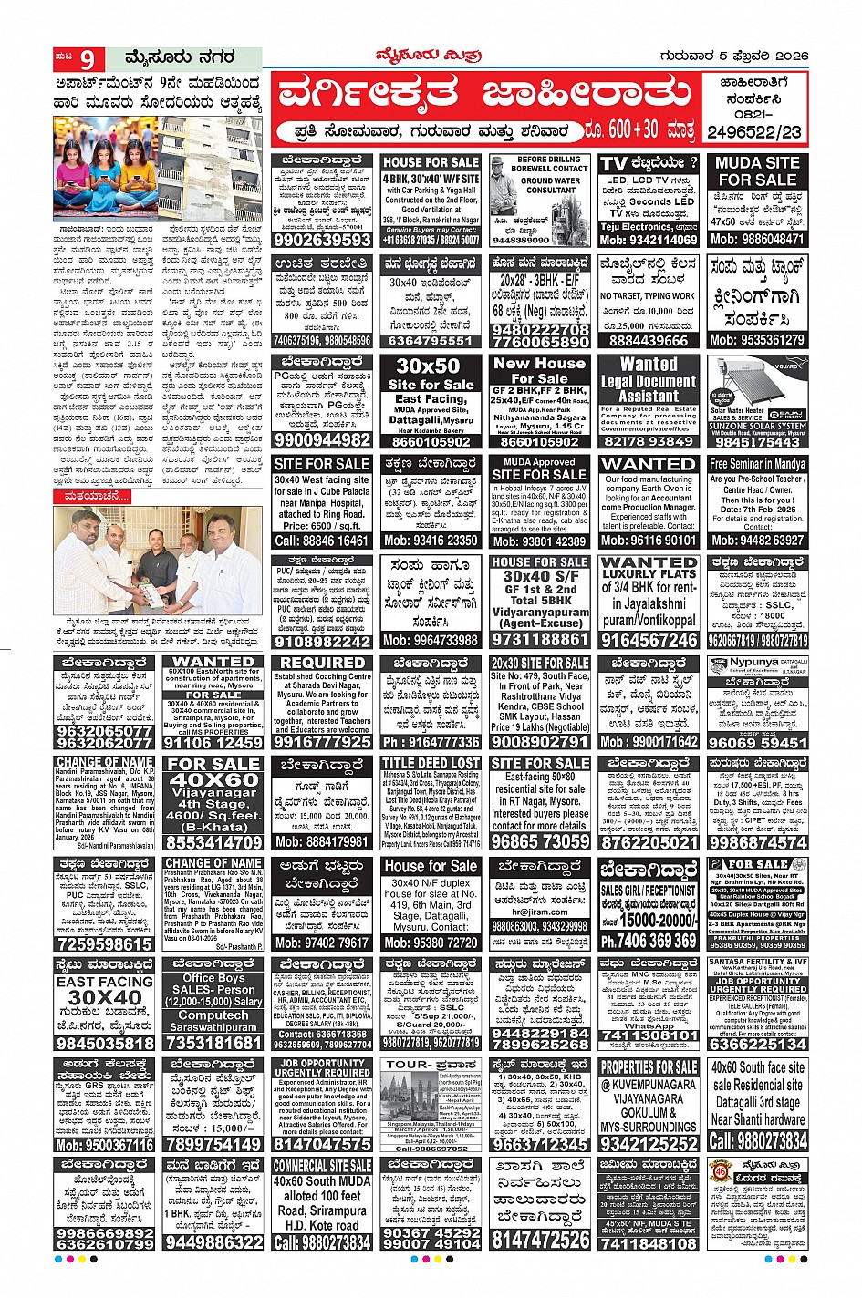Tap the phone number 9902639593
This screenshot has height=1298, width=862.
tap(321, 241)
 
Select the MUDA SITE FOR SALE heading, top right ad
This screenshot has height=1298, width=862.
tap(756, 171)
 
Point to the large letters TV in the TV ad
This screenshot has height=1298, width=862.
tap(615, 164)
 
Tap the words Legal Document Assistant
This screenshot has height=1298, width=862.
tap(648, 380)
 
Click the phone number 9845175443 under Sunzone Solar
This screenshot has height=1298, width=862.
tap(756, 441)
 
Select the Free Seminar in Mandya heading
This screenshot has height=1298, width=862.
tap(756, 464)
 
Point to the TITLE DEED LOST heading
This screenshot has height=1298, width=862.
tap(431, 764)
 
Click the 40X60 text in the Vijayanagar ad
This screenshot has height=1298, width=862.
tap(213, 780)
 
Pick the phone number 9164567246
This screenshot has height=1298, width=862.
tap(649, 640)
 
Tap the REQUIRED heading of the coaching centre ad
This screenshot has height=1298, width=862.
tap(322, 664)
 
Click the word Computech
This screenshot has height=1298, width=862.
tap(213, 1015)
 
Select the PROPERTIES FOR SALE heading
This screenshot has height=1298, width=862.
tap(649, 1067)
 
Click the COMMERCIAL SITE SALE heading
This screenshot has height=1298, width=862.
tap(322, 1166)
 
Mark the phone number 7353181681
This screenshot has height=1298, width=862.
tap(213, 1043)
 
